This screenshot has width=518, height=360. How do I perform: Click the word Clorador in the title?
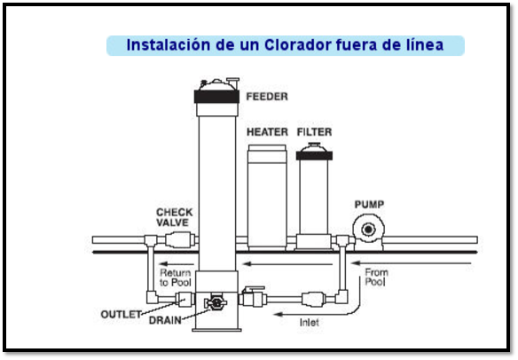tap(298, 45)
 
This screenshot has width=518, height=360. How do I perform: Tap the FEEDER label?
tap(267, 97)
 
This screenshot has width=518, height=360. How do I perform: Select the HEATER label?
tap(267, 132)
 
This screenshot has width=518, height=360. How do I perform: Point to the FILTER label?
tap(314, 132)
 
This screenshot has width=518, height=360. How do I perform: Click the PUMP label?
tap(369, 205)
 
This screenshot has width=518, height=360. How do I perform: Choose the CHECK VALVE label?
tap(175, 217)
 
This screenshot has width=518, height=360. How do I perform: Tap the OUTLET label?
tap(122, 314)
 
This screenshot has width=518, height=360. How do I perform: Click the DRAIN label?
tap(165, 320)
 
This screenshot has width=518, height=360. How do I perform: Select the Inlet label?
tap(310, 323)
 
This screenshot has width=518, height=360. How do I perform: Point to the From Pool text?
tap(376, 278)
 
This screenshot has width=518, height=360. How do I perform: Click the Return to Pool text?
tap(176, 278)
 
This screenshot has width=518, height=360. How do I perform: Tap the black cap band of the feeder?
tap(216, 97)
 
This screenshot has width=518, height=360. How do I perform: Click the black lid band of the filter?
tap(314, 155)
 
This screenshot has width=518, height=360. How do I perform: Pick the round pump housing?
tap(368, 229)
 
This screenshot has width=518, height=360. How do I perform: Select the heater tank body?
tap(267, 197)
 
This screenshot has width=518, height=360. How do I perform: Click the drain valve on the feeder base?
tap(215, 302)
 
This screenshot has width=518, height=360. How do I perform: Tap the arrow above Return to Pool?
tap(177, 264)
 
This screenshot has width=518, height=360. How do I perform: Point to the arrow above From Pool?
tap(411, 263)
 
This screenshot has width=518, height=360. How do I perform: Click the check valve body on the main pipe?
tap(178, 239)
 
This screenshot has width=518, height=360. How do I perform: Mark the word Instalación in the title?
tap(169, 45)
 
